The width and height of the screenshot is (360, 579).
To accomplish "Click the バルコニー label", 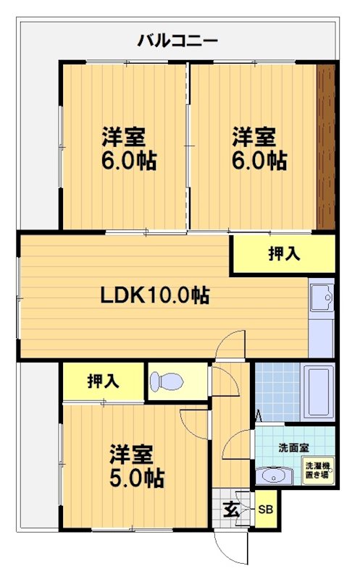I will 177,40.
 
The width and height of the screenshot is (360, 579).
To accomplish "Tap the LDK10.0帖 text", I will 155,295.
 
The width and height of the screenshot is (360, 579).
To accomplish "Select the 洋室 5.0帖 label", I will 135,467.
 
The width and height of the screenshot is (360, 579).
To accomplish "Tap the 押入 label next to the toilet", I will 104,381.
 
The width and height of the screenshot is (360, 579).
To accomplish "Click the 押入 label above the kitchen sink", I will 284,254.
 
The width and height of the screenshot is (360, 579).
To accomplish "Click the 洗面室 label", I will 293,448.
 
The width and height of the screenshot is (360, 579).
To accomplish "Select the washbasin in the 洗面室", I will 274,476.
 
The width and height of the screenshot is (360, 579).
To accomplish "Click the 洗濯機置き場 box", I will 317,472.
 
